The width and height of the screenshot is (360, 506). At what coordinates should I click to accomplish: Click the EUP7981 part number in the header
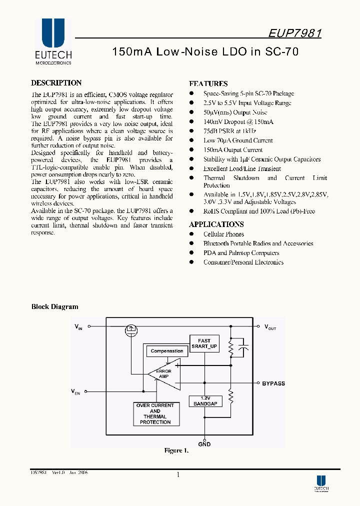[x=294, y=33]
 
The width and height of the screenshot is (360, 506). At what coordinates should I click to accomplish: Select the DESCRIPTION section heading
[x=56, y=83]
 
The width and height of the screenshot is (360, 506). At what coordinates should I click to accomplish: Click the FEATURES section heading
[x=208, y=84]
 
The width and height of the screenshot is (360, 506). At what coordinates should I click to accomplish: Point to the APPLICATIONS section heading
[x=216, y=224]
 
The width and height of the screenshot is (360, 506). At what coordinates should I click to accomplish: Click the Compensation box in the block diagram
[x=167, y=351]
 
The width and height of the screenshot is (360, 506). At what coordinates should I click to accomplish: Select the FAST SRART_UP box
[x=204, y=343]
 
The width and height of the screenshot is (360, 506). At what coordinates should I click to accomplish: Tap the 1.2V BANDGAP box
[x=205, y=401]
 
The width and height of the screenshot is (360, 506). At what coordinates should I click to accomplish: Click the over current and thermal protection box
[x=155, y=413]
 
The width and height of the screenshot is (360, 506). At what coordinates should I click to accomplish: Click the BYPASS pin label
[x=273, y=383]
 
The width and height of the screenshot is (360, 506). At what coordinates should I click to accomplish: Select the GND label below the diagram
[x=204, y=444]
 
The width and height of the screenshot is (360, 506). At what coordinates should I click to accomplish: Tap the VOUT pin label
[x=270, y=327]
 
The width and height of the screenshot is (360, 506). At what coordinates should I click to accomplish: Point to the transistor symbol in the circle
[x=131, y=329]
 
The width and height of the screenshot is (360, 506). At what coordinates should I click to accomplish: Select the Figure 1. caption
[x=176, y=450]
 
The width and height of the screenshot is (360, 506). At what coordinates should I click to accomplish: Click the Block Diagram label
[x=55, y=307]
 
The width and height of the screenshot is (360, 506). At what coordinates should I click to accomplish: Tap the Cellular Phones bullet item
[x=223, y=234]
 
